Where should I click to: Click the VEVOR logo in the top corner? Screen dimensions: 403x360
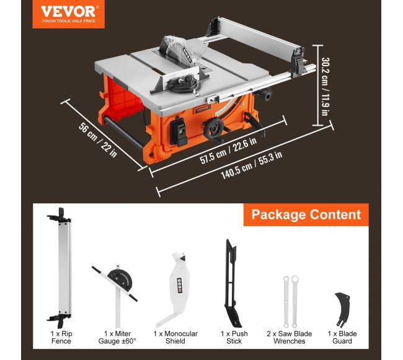68,14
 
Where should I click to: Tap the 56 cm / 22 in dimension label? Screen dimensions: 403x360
98,140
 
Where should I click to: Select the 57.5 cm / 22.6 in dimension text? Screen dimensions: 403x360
228,151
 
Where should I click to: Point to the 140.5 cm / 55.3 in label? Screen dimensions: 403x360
252,165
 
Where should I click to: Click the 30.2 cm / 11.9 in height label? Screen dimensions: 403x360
325,86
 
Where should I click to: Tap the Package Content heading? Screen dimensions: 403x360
306,214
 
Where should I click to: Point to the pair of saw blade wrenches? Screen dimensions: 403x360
290,302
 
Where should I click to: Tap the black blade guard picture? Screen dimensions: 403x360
343,309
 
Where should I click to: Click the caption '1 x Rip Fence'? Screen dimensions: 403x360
61,338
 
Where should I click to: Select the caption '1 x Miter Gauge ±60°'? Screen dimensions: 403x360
117,338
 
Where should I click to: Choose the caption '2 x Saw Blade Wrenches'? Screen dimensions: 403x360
289,338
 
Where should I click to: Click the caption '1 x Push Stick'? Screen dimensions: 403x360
234,338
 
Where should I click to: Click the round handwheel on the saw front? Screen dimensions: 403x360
214,129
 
